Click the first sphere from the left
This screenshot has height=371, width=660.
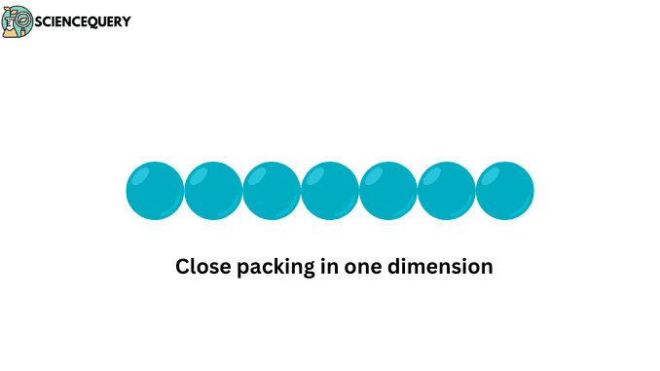click(x=155, y=191)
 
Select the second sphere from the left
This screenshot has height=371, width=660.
click(x=213, y=191)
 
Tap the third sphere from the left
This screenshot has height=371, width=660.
click(x=272, y=191)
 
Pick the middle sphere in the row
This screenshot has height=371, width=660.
click(x=330, y=191)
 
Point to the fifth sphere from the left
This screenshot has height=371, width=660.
click(x=388, y=191)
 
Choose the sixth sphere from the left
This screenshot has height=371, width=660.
click(x=447, y=191)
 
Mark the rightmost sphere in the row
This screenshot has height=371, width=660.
click(x=505, y=191)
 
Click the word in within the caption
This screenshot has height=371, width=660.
click(x=329, y=266)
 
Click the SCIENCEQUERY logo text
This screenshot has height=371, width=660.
click(x=83, y=21)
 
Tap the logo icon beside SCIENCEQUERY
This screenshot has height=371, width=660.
click(x=17, y=21)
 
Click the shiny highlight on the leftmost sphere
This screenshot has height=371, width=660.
click(x=141, y=176)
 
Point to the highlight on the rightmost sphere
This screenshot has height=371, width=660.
click(x=492, y=176)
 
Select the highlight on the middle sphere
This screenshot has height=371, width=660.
click(x=316, y=176)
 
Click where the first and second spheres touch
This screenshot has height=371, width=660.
click(x=184, y=191)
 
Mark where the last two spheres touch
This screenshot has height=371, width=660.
click(x=476, y=191)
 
